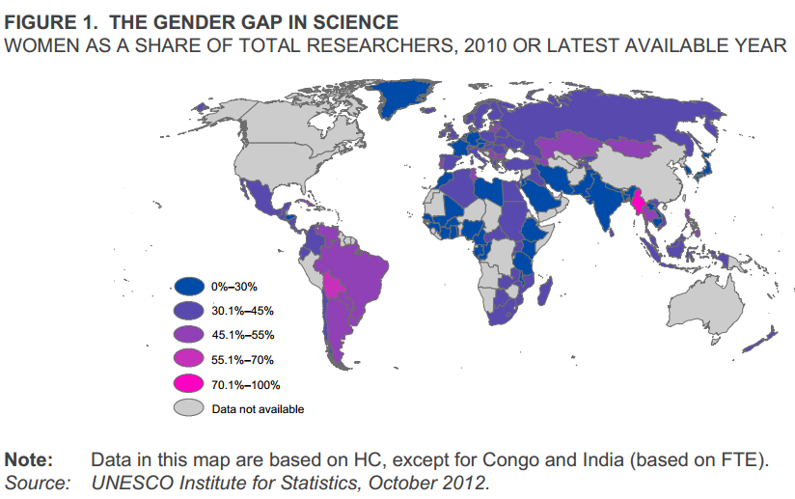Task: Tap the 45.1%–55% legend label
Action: pos(243,335)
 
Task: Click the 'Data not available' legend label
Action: pos(258,409)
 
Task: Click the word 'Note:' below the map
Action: pos(29,459)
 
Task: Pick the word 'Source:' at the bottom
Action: pos(38,482)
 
